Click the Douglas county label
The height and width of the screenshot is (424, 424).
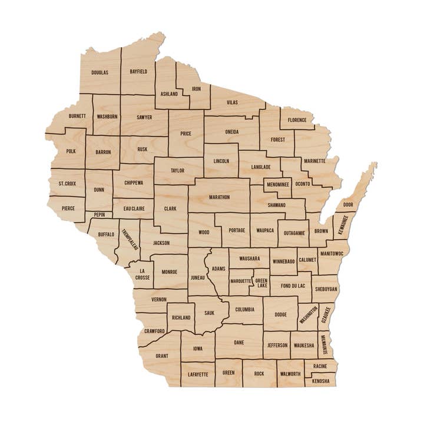pyautogui.click(x=100, y=72)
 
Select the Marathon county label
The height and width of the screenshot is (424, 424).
pyautogui.click(x=219, y=197)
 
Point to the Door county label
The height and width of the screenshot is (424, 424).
pyautogui.click(x=349, y=204)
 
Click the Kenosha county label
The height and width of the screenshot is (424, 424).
pyautogui.click(x=321, y=381)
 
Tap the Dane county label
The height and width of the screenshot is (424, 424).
pyautogui.click(x=238, y=342)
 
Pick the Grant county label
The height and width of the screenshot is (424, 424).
pyautogui.click(x=162, y=356)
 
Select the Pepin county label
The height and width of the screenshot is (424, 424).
pyautogui.click(x=99, y=216)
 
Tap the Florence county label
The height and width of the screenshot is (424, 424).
pyautogui.click(x=297, y=120)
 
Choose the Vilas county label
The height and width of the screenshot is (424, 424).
pyautogui.click(x=233, y=102)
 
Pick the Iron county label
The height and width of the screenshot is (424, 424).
pyautogui.click(x=197, y=89)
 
